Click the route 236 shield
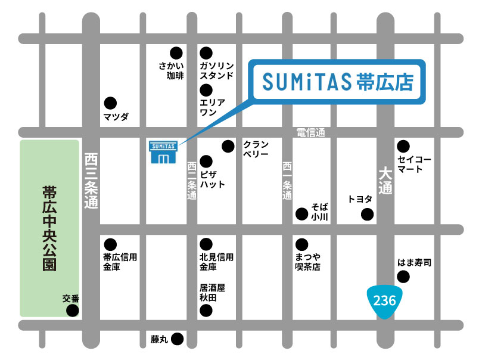point(384,300)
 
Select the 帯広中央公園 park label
point(49,228)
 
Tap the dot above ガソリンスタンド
point(206,52)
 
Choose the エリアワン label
point(212,107)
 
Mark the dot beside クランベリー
point(228,145)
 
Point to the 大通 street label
point(385,181)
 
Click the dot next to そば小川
point(301,213)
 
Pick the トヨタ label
point(360,199)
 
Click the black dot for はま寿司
point(404,276)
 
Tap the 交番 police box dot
point(72,311)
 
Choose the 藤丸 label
point(159,340)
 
